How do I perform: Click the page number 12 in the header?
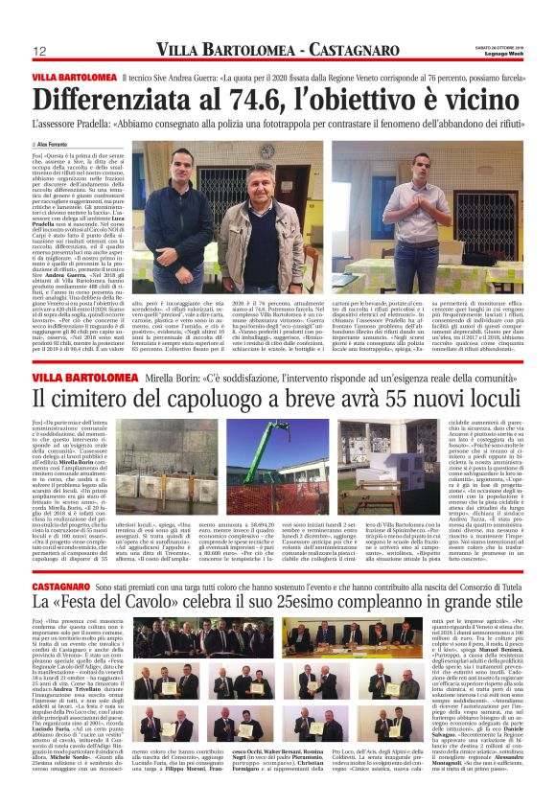pyautogui.click(x=40, y=51)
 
